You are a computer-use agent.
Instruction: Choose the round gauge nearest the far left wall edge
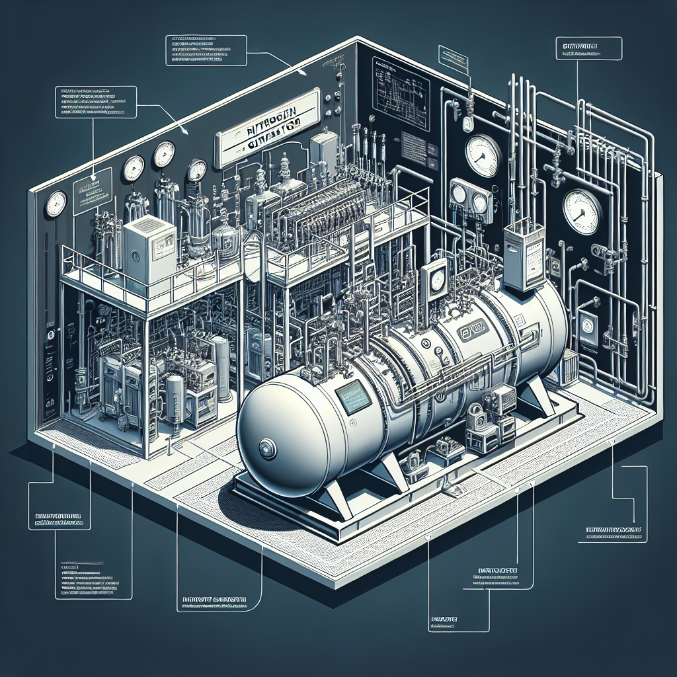click(56, 204)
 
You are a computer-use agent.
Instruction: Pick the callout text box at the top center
click(205, 50)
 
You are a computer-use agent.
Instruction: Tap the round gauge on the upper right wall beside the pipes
click(481, 153)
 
